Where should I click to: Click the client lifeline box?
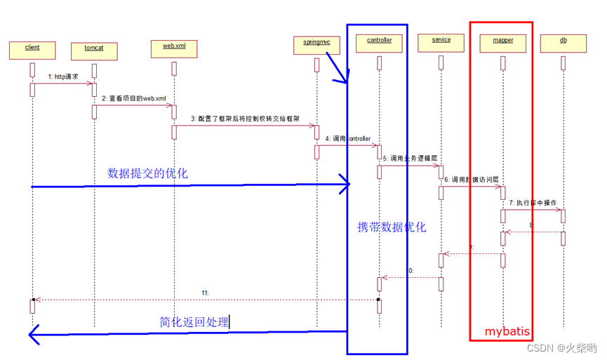32,49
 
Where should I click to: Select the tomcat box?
94,51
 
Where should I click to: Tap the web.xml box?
174,48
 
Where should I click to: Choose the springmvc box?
316,44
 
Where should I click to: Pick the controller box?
379,42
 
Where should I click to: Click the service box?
441,42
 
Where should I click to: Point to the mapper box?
502,42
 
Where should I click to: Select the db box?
563,42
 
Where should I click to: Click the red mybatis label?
507,331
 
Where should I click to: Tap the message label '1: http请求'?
63,76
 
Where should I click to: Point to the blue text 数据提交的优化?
147,173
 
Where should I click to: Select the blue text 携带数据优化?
392,227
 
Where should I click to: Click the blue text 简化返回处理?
194,322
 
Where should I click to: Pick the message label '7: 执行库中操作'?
533,203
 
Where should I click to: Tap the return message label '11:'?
205,292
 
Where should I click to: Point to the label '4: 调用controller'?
347,139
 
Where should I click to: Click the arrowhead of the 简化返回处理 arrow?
32,335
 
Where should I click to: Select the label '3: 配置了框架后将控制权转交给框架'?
245,119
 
